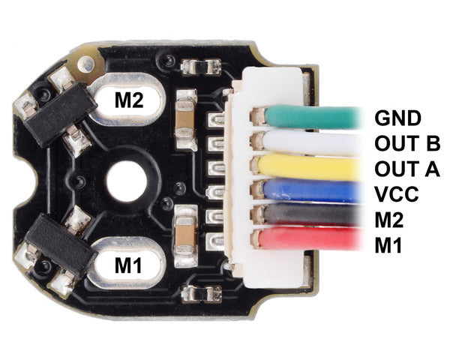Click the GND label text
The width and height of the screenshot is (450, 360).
tap(397, 118)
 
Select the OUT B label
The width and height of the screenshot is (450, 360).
tap(407, 143)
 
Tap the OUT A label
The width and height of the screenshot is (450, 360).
tap(407, 169)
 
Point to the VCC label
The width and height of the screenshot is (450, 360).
tap(396, 194)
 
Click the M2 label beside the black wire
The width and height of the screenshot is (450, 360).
tap(388, 220)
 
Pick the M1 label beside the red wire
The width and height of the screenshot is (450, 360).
tap(388, 245)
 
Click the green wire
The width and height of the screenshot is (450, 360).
tap(313, 117)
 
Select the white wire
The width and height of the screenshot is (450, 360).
tap(312, 141)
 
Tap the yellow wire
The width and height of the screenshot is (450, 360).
tap(310, 167)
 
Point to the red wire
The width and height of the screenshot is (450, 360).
tap(310, 238)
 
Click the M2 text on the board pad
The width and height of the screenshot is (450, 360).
tap(129, 100)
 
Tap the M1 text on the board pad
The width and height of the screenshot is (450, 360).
tap(128, 265)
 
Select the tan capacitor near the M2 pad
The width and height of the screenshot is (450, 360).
tap(186, 120)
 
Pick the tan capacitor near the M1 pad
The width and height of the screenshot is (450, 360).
tap(186, 235)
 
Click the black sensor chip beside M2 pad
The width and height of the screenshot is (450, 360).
tap(60, 114)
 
